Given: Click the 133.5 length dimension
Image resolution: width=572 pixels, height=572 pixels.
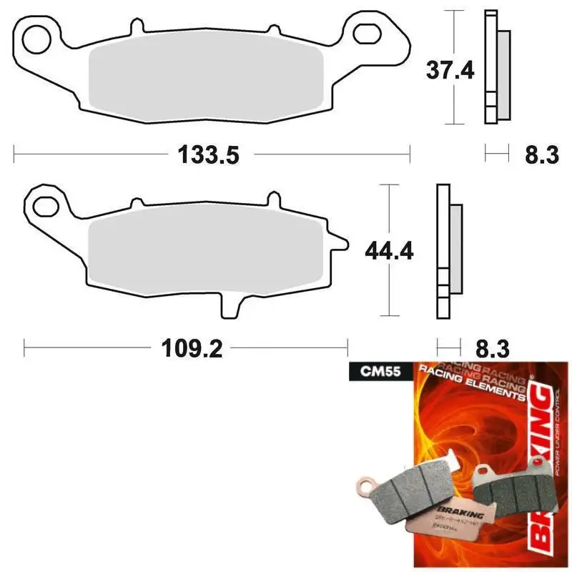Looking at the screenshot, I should point(202,153).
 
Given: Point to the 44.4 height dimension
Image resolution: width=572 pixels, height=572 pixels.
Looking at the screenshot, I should point(388,252).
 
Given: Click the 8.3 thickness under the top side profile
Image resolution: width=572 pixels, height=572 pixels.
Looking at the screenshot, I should point(541,153).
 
